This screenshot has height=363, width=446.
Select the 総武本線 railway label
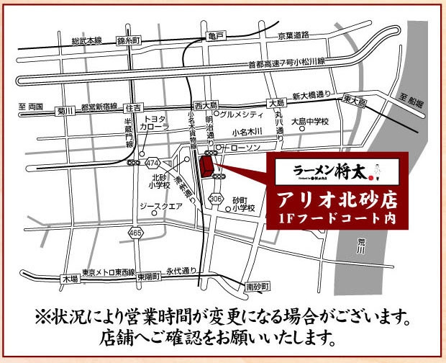86,41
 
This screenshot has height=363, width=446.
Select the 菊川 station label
65,111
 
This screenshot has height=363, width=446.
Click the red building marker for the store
206,169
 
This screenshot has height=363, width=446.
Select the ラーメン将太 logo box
336,171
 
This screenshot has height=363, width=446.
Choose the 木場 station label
69,277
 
